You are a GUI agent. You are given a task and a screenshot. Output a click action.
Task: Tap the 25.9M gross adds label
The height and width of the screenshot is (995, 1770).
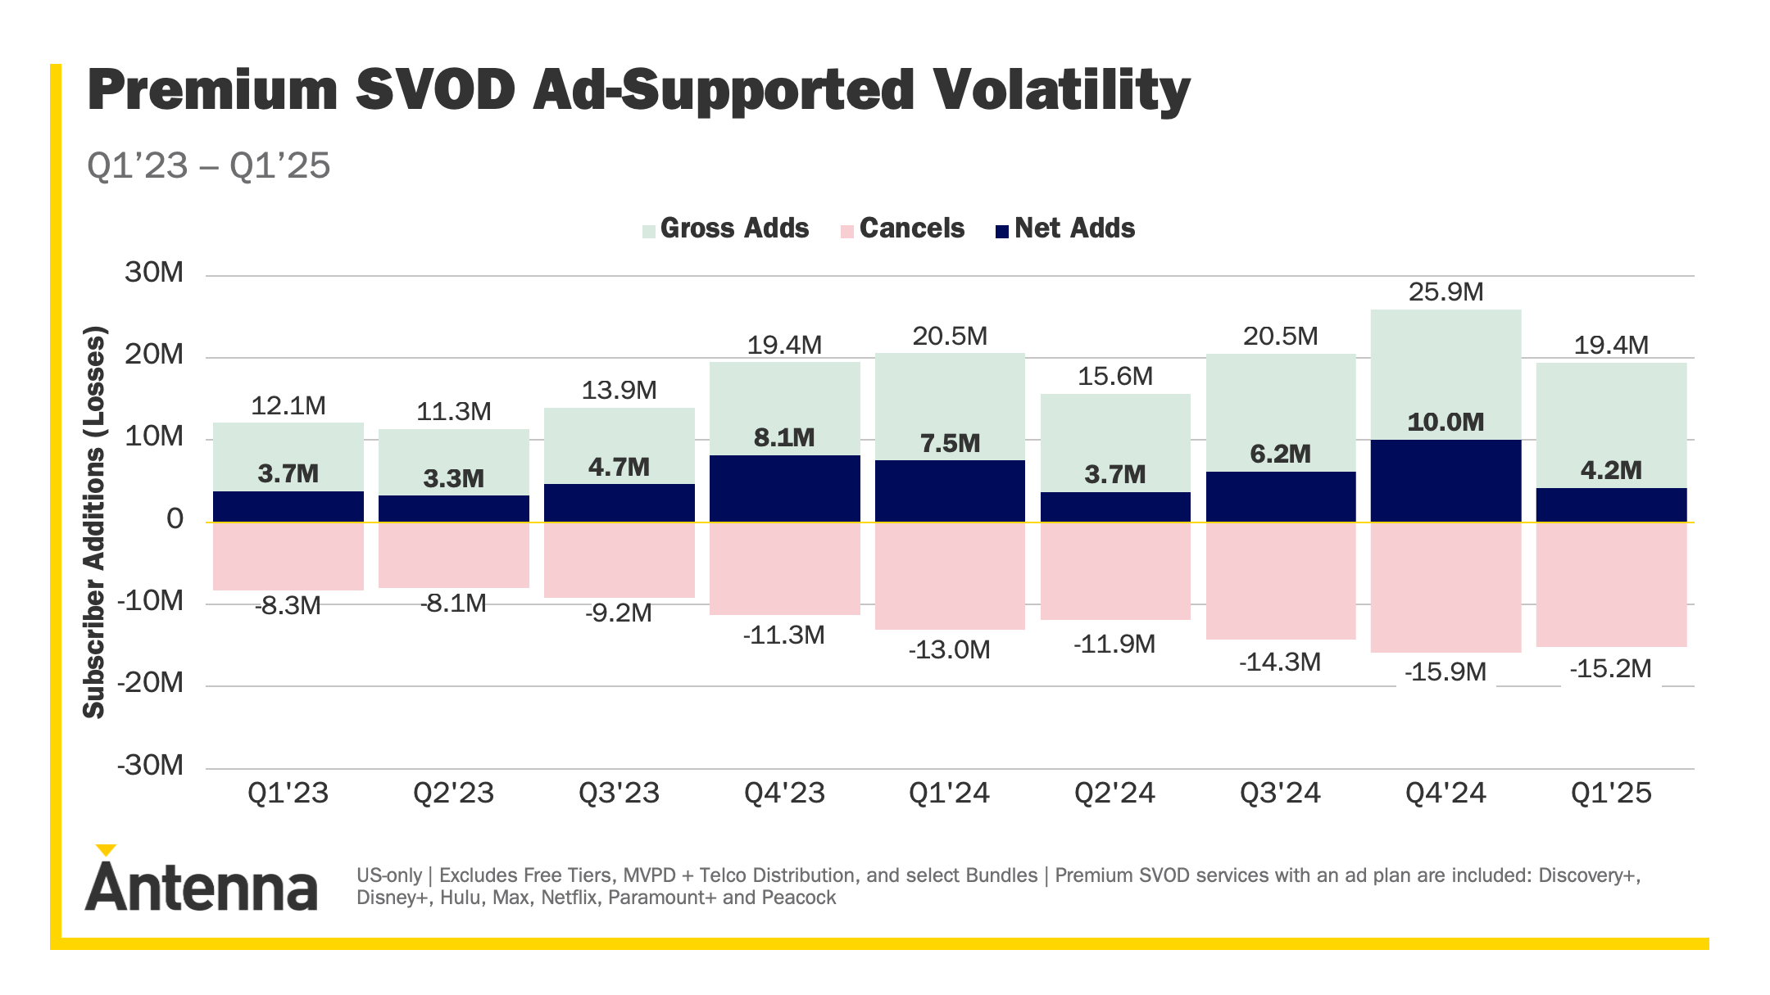point(1445,292)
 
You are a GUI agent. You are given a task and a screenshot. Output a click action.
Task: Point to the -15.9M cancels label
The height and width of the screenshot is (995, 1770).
point(1445,672)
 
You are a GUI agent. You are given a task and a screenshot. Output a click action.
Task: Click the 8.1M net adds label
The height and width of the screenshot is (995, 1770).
point(784,437)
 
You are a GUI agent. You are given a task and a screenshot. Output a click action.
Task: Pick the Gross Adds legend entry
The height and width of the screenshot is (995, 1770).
point(726,228)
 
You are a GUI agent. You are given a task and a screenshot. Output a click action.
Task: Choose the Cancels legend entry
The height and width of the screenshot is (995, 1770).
point(903,228)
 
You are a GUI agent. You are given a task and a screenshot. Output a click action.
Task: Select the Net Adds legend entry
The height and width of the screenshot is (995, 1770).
point(1065,228)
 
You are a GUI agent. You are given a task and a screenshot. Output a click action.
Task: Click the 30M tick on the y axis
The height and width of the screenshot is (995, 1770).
point(154,273)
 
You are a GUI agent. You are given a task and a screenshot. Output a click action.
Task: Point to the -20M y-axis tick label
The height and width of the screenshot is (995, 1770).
point(151,682)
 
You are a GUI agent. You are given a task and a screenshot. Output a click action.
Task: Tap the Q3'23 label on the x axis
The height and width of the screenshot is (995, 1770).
point(619,793)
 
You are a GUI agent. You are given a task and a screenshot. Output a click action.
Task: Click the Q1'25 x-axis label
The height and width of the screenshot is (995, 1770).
point(1611,793)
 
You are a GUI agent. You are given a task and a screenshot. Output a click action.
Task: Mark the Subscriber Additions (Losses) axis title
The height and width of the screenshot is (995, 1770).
point(95,522)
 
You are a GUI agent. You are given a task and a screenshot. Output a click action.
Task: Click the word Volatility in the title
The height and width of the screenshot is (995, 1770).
point(1062,90)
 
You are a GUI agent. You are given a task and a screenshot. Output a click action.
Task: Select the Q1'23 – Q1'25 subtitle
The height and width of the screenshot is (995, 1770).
point(208,165)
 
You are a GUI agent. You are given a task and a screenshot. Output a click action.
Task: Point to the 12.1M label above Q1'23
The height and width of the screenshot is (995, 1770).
point(288,406)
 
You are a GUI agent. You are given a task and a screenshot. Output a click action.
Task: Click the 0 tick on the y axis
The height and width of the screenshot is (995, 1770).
point(175,519)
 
